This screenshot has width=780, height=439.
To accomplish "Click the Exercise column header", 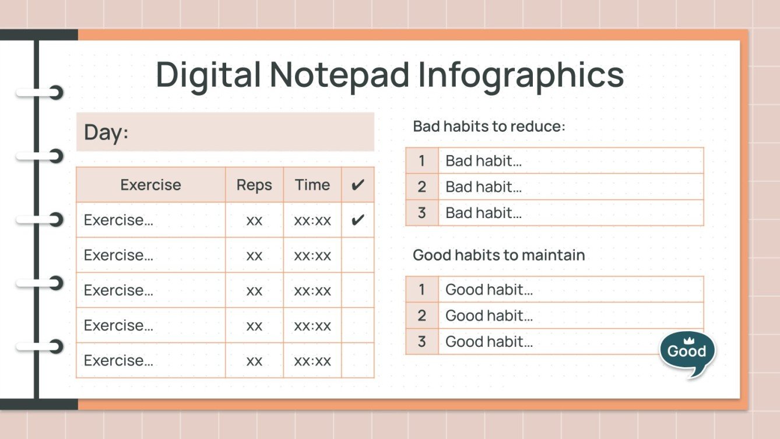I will click(x=150, y=185).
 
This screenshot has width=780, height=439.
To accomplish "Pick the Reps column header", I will click(x=254, y=185).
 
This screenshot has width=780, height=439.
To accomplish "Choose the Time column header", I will click(x=312, y=185).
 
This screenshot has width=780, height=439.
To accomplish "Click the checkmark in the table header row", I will click(x=358, y=185).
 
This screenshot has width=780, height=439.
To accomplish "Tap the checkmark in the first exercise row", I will click(x=358, y=220).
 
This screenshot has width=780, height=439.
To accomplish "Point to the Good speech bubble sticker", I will click(x=687, y=352).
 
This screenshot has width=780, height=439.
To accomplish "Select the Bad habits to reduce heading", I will click(x=489, y=127).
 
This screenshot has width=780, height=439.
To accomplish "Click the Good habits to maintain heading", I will click(x=498, y=255).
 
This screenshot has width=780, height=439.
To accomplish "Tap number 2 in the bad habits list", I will click(x=422, y=187).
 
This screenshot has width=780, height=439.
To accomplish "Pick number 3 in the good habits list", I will click(x=422, y=342).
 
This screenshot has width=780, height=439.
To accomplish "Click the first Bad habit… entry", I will click(x=483, y=161).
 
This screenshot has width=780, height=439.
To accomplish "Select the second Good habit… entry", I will click(x=489, y=316).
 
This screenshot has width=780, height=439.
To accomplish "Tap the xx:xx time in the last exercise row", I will click(x=312, y=361).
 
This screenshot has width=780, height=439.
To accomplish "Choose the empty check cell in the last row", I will click(x=358, y=360).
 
